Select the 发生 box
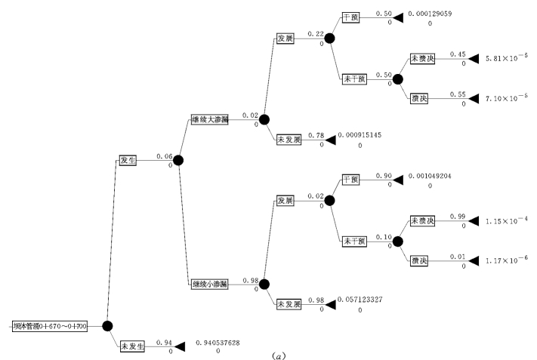point(128,160)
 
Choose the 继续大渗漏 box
point(209,119)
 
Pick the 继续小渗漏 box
point(209,283)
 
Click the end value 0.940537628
point(218,343)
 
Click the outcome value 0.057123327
point(360,300)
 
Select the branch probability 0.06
point(165,156)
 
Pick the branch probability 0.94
point(165,342)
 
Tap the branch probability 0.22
point(316,34)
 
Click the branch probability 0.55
point(457,94)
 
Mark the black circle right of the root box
point(107,325)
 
